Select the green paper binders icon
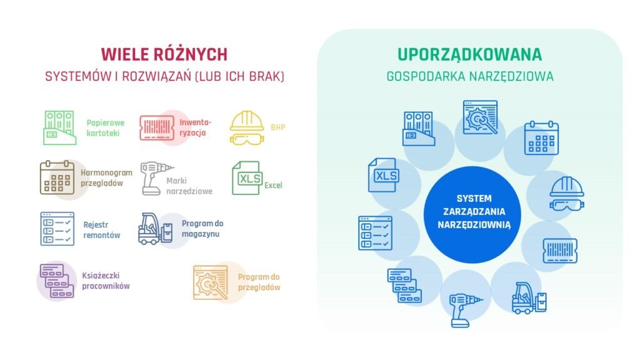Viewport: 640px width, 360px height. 59,127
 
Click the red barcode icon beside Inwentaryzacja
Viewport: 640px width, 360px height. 157,127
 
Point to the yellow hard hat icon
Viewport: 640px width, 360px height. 247,127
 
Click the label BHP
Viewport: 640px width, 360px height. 278,127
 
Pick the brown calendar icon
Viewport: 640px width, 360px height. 57,177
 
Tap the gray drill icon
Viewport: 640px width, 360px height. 156,178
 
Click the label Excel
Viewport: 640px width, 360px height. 273,185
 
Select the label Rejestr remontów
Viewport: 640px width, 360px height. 102,230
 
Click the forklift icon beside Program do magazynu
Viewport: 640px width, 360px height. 156,229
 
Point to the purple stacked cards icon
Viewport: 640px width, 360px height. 57,281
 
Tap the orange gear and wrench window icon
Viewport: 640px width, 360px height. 211,282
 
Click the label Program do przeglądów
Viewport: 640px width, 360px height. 259,282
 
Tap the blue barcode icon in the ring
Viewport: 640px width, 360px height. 560,251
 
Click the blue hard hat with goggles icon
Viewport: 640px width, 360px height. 567,194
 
